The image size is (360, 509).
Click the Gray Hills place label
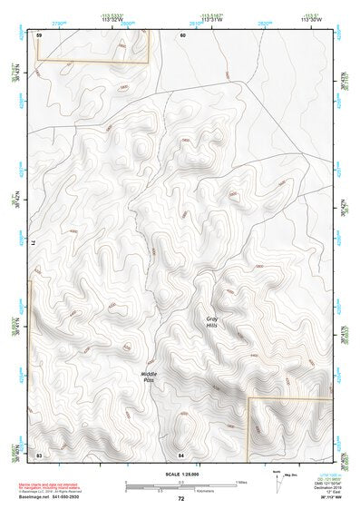[212, 322]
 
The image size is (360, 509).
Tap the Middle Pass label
[149, 376]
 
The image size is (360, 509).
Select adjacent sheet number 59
[39, 34]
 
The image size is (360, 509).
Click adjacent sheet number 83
[39, 454]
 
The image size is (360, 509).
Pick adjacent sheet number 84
[181, 454]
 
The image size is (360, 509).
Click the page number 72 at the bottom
[181, 498]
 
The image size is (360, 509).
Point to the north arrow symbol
[277, 478]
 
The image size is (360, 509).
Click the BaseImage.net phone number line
[47, 497]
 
